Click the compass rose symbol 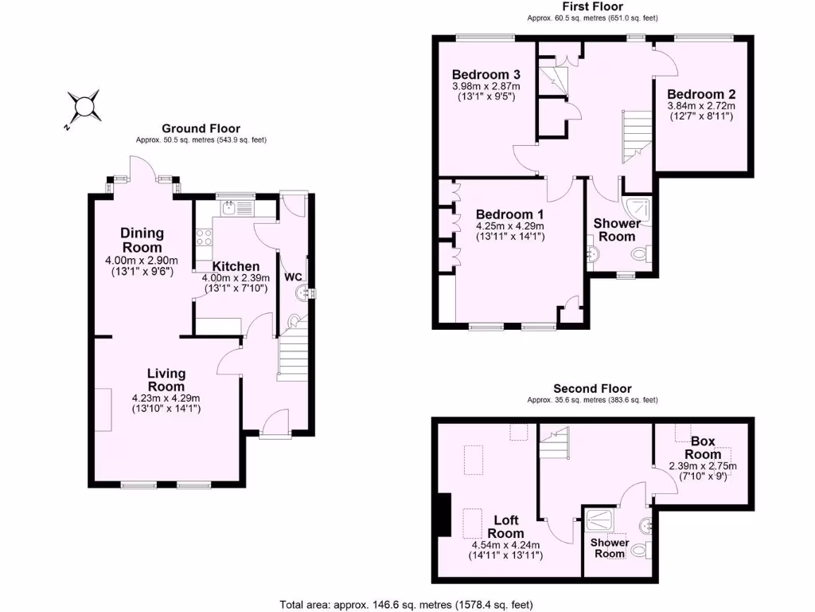[83, 106]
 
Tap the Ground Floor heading [201, 128]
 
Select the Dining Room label [142, 240]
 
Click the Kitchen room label [235, 266]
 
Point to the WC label [294, 277]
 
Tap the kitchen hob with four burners [203, 237]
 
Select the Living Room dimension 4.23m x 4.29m [166, 398]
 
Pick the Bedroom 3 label [474, 75]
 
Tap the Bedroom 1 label [509, 214]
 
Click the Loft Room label [505, 527]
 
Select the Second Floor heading [592, 389]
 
